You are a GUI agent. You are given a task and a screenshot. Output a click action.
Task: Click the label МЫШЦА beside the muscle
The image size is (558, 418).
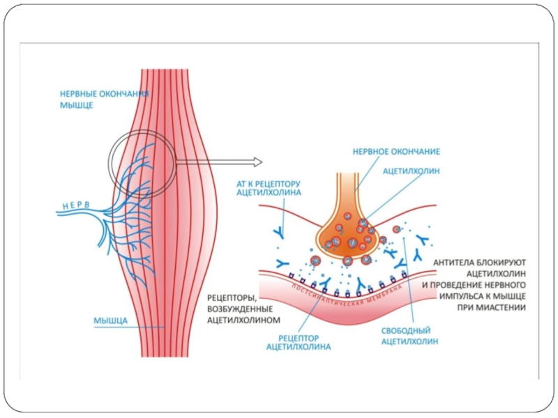pyautogui.click(x=110, y=321)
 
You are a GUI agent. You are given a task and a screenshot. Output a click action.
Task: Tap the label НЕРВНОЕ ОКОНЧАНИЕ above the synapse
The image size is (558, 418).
pyautogui.click(x=396, y=150)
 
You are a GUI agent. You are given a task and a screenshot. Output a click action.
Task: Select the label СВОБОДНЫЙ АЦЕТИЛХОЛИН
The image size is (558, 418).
pyautogui.click(x=409, y=336)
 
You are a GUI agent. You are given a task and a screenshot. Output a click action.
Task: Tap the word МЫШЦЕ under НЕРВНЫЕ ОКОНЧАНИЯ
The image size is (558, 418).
pyautogui.click(x=76, y=106)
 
